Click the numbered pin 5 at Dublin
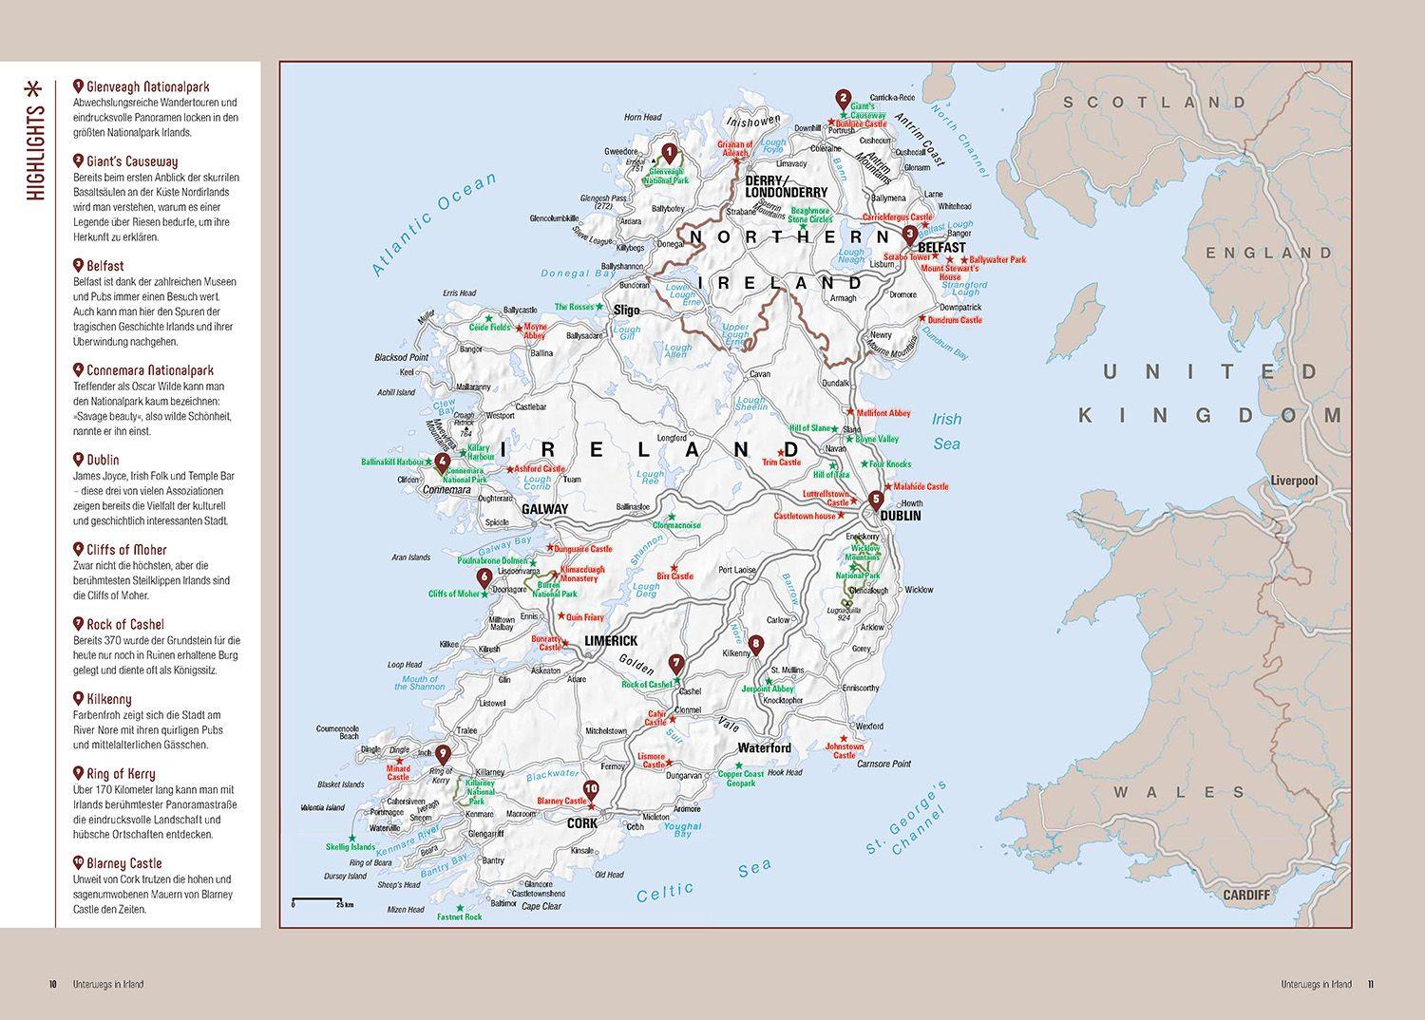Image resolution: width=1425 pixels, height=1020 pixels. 876,500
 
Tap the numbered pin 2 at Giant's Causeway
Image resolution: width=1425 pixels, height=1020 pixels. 842,97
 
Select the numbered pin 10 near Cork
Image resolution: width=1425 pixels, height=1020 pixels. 591,788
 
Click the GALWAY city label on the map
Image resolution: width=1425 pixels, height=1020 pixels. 544,509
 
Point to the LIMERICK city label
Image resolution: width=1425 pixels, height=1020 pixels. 611,641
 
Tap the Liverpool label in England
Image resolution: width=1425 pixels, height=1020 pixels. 1294,482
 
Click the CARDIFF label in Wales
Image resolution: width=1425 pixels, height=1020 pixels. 1245,895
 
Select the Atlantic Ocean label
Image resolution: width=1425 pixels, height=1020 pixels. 433,226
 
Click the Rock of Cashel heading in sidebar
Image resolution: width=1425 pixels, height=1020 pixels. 125,624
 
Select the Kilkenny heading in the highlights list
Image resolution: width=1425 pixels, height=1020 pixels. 108,699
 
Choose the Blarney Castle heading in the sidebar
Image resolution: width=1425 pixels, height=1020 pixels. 123,863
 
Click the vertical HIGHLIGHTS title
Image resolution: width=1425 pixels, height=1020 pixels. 35,142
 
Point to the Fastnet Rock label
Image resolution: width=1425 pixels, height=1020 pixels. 460,916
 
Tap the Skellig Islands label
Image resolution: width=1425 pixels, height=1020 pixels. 351,847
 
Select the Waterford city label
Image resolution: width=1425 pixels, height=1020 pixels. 765,748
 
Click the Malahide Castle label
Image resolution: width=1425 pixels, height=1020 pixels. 921,486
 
